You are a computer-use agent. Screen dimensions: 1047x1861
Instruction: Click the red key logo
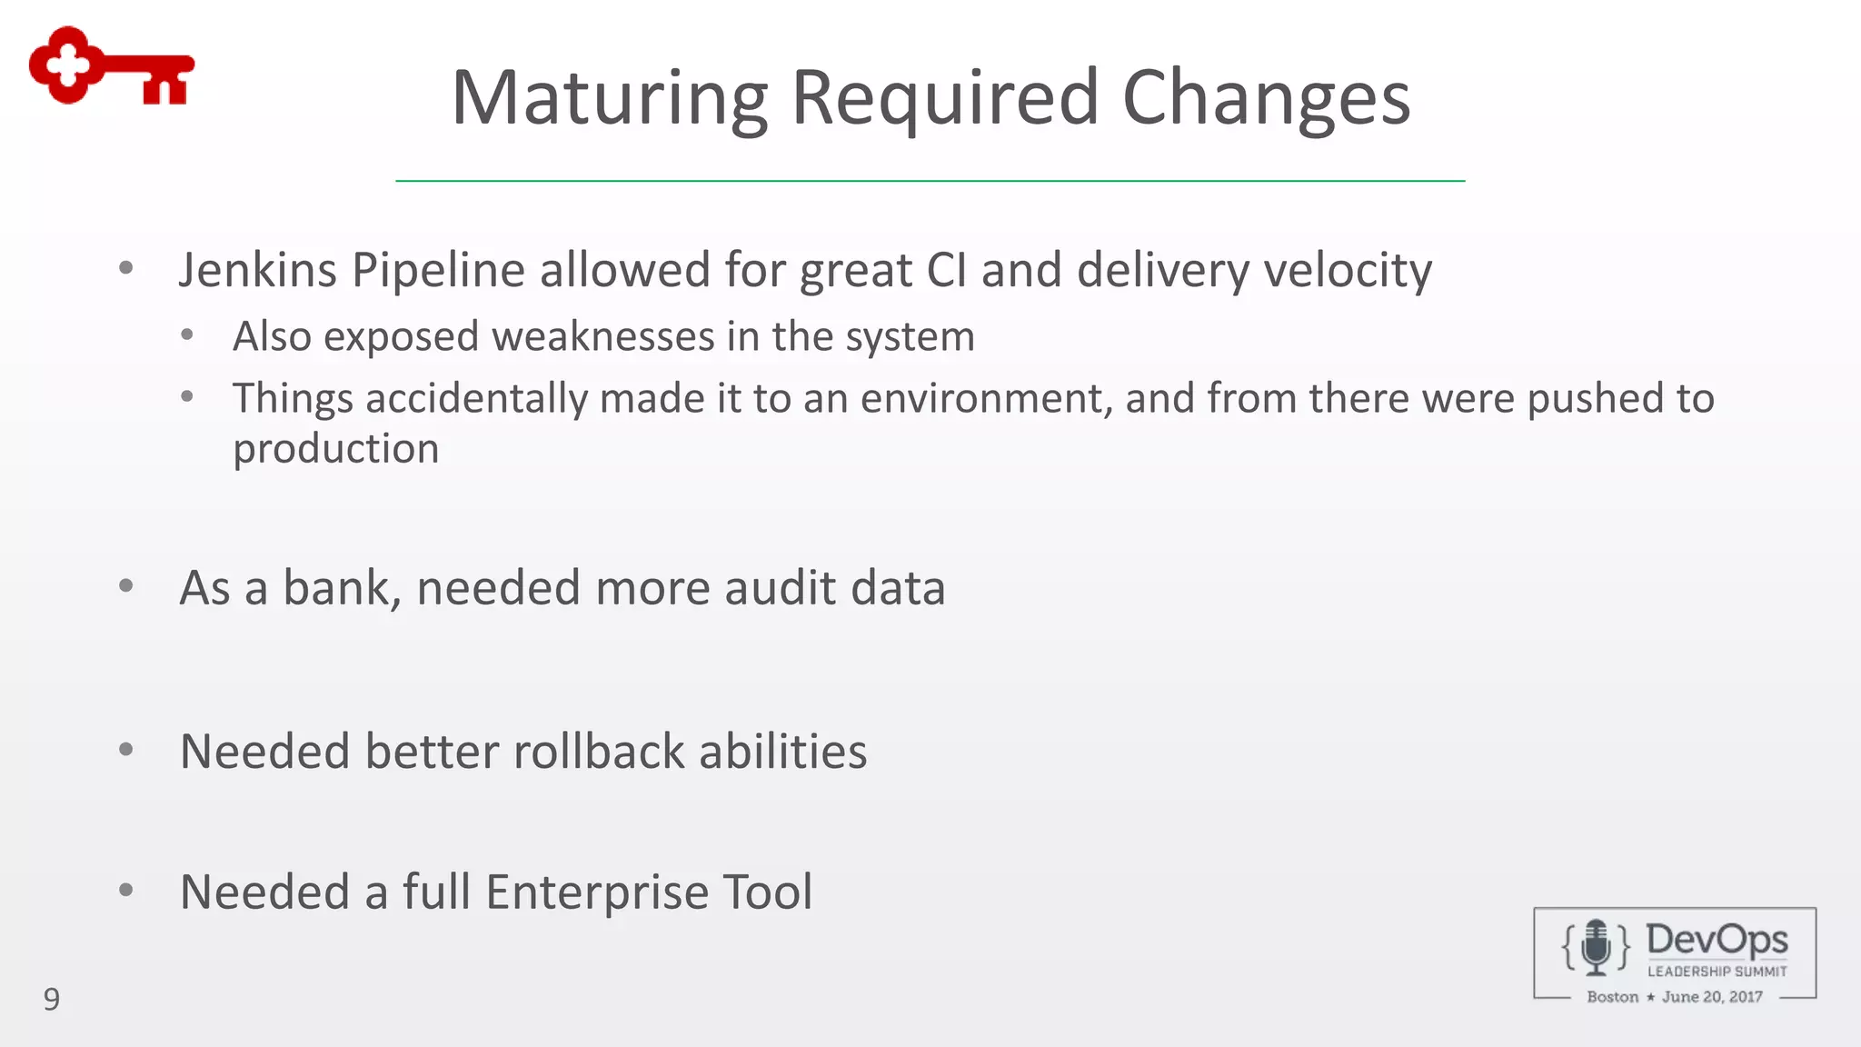pyautogui.click(x=111, y=66)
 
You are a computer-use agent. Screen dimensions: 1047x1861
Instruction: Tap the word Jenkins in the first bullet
pyautogui.click(x=257, y=270)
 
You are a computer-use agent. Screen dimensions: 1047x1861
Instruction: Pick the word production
pyautogui.click(x=335, y=448)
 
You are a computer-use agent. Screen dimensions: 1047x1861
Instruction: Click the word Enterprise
pyautogui.click(x=596, y=892)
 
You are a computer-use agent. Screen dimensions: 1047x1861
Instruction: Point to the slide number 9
pyautogui.click(x=52, y=999)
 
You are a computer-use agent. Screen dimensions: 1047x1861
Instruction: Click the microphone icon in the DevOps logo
pyautogui.click(x=1596, y=947)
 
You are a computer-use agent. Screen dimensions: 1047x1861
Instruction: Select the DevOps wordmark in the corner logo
pyautogui.click(x=1717, y=940)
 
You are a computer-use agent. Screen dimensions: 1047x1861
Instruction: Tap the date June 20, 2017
pyautogui.click(x=1712, y=997)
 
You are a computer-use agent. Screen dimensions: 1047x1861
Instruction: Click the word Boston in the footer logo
pyautogui.click(x=1612, y=997)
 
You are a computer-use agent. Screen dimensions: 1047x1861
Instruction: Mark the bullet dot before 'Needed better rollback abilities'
pyautogui.click(x=126, y=750)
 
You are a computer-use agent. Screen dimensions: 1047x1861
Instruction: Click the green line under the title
pyautogui.click(x=930, y=181)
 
